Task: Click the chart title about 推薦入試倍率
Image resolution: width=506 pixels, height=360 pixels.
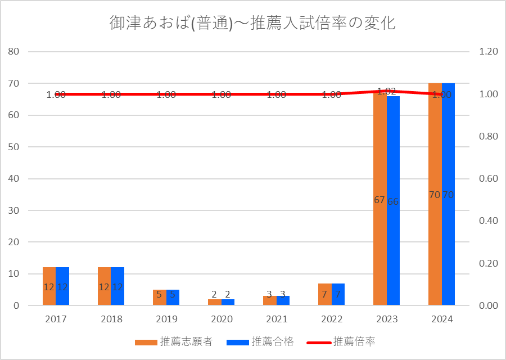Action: pyautogui.click(x=252, y=24)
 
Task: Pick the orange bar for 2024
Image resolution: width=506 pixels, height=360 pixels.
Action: pyautogui.click(x=435, y=236)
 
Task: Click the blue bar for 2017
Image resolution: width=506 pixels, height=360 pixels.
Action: pyautogui.click(x=62, y=295)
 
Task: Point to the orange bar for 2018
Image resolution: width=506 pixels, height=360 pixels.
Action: pyautogui.click(x=104, y=295)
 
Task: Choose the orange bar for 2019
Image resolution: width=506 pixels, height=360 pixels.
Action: pyautogui.click(x=159, y=299)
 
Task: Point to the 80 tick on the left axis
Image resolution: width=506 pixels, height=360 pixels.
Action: pyautogui.click(x=14, y=52)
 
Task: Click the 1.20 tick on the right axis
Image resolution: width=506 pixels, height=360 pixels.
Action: pyautogui.click(x=489, y=52)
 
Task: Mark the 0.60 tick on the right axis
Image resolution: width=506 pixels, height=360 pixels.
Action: pyautogui.click(x=489, y=179)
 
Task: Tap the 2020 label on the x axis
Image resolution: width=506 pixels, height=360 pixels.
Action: pyautogui.click(x=222, y=319)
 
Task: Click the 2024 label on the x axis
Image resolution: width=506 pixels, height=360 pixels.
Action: pyautogui.click(x=442, y=319)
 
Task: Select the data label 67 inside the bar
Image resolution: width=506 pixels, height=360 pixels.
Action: pyautogui.click(x=379, y=200)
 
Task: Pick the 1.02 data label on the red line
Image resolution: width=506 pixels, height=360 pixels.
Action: pyautogui.click(x=387, y=91)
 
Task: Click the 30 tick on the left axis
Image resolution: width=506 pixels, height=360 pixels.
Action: pyautogui.click(x=14, y=210)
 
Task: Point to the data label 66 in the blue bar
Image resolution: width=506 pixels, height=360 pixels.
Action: pyautogui.click(x=393, y=201)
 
